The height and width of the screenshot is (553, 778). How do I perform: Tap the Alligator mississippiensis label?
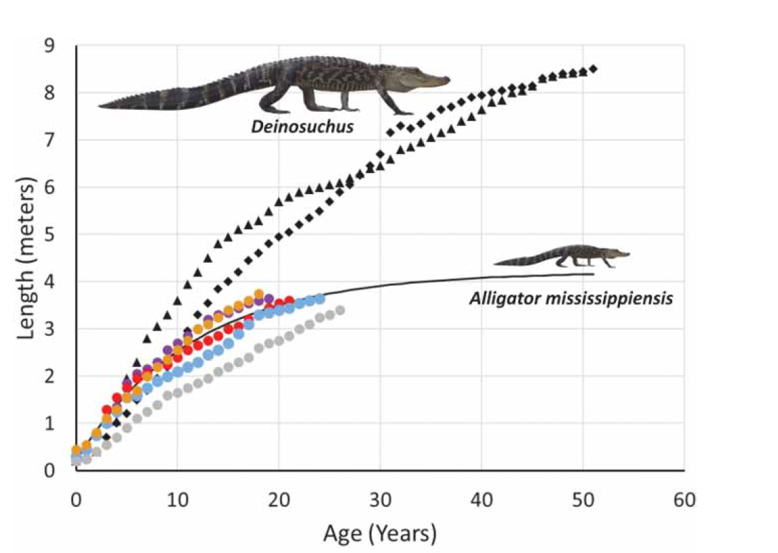[571, 298]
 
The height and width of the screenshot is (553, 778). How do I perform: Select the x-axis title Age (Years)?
[380, 534]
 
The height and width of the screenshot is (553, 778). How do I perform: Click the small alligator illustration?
[562, 256]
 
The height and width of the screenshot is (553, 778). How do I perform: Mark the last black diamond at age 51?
[594, 69]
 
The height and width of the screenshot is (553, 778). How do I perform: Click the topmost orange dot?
[258, 294]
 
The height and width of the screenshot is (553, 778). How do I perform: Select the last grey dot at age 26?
[340, 310]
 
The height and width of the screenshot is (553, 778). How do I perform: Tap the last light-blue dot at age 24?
[319, 299]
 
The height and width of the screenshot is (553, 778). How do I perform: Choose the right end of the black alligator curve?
[594, 274]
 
